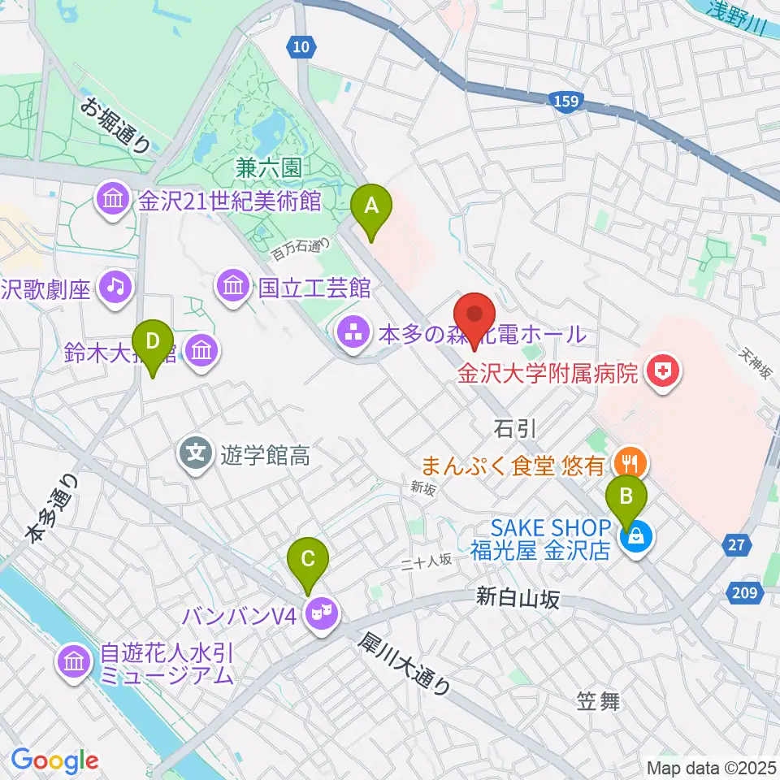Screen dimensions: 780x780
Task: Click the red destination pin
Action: point(475,316)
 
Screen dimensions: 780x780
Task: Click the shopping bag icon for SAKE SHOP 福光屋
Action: point(635,537)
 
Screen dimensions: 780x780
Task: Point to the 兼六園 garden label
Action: point(269,168)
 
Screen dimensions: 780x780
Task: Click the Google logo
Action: point(54,761)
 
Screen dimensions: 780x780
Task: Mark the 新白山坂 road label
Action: point(518,599)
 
